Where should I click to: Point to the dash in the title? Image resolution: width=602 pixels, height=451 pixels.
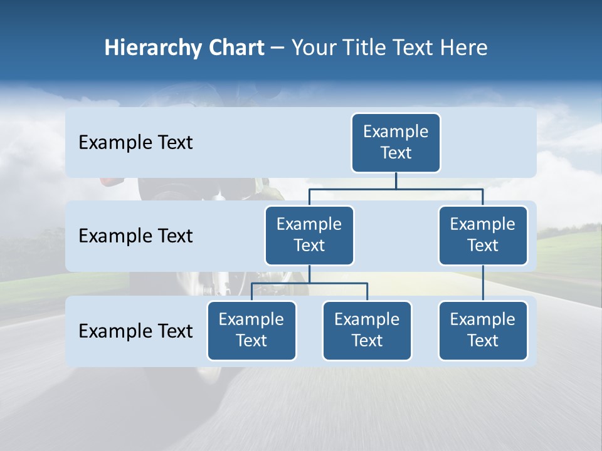pos(278,49)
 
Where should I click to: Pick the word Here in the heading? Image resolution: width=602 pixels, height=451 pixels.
pos(463,48)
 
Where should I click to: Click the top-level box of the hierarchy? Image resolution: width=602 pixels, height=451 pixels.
pos(396,142)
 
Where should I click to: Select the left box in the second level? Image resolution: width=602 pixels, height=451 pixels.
pos(309,235)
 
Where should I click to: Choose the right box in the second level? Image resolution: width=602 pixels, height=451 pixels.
pos(483,235)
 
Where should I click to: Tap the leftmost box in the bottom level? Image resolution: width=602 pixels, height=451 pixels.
pos(251,330)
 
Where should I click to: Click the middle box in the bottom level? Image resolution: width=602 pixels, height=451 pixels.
pos(367,330)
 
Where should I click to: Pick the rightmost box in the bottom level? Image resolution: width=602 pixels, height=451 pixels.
pos(483,330)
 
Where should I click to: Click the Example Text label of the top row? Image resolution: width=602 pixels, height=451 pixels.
pos(135,143)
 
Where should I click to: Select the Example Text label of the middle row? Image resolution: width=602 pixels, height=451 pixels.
pos(135,236)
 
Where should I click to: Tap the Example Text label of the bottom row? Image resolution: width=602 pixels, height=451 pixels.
pos(135,331)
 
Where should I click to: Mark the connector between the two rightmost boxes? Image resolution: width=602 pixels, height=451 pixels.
pos(483,283)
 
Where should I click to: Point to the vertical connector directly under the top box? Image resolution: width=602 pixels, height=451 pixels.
pos(396,180)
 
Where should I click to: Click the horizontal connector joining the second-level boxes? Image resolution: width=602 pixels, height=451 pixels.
pos(396,189)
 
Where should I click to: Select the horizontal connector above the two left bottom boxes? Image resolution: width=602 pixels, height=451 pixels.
pos(309,284)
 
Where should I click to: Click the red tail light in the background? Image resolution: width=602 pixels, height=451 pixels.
pos(109,180)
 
